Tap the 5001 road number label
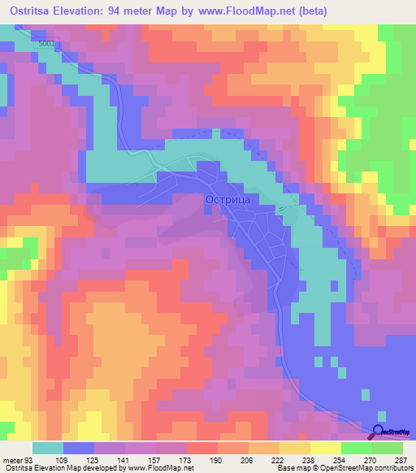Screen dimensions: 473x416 point(48,43)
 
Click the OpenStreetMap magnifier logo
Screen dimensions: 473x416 point(380,433)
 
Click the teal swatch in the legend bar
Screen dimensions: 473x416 point(48,448)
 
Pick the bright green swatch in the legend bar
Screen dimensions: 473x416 point(357,448)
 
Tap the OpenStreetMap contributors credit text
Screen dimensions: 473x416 point(366,467)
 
